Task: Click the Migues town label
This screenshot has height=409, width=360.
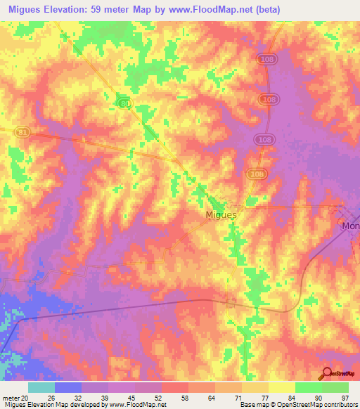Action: (220, 214)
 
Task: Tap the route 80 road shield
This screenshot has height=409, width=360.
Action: (124, 104)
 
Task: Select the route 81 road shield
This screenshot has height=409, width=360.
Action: (22, 131)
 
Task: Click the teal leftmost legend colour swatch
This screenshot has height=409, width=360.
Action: (41, 387)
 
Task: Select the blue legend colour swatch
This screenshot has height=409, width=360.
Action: (68, 387)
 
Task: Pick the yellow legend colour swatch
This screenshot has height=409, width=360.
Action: (281, 387)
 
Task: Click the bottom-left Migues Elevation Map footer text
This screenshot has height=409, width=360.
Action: (84, 405)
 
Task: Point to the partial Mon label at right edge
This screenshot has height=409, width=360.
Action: (350, 226)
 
